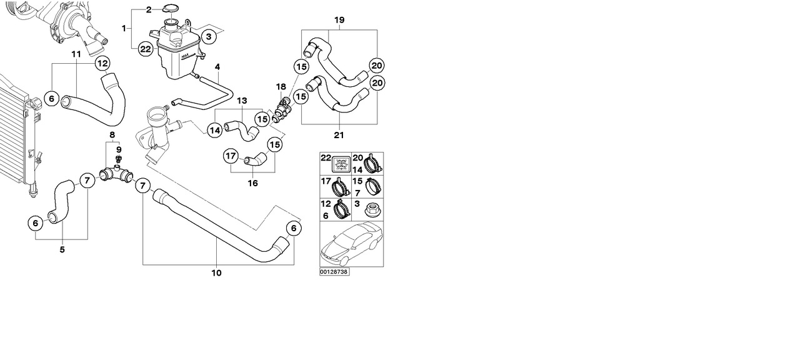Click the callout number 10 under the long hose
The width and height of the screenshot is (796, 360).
pos(217,272)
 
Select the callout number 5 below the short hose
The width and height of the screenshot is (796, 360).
pos(62,249)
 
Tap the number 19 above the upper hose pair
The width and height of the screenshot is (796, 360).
pos(339,20)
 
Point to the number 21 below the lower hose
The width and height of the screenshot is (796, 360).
pos(339,134)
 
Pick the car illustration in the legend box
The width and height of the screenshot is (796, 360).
pos(351,244)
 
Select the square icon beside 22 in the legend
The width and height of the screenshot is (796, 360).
pos(341,164)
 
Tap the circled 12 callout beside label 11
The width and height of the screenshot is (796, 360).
pos(102,62)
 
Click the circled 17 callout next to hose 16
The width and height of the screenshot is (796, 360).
pos(231,156)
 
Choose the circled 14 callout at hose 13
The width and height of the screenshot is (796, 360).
pos(214,130)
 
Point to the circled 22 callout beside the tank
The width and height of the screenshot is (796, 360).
pos(145,49)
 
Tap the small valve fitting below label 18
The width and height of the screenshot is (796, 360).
pos(281,109)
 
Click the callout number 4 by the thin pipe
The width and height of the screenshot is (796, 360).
pos(217,67)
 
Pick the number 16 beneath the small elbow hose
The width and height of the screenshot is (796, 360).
pos(252,184)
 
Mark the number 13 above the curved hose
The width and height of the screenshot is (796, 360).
pos(242,100)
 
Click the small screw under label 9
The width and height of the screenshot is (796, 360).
pos(118,158)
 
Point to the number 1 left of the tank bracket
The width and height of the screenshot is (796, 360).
pos(124,28)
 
